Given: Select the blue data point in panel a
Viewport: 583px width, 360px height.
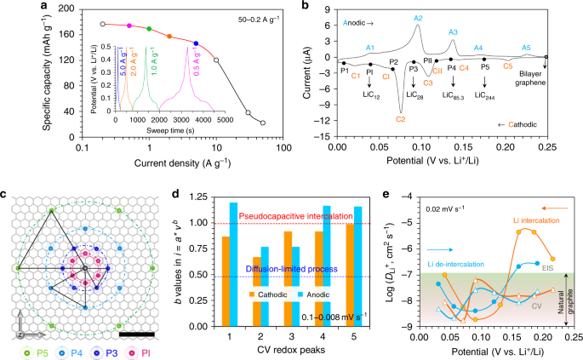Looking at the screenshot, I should tap(197, 43).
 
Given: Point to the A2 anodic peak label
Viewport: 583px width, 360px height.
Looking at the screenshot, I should tap(418, 18).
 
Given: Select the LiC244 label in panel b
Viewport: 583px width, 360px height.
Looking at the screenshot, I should tap(485, 98).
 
